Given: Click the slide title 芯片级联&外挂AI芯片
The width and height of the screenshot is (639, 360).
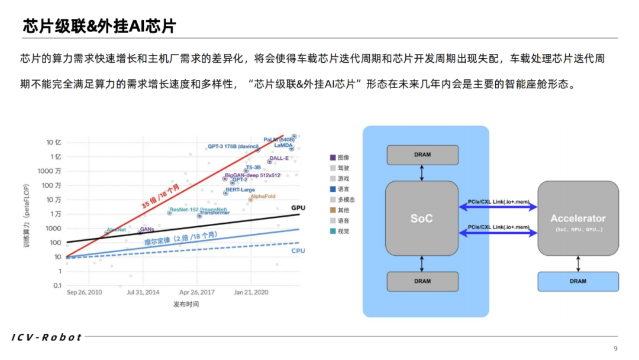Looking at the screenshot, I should pyautogui.click(x=99, y=25).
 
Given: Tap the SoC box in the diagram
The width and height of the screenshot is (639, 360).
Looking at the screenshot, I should pyautogui.click(x=421, y=218).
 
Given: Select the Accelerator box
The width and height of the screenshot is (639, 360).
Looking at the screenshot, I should pyautogui.click(x=578, y=218).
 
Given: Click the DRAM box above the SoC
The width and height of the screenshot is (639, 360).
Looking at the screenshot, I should pyautogui.click(x=422, y=155).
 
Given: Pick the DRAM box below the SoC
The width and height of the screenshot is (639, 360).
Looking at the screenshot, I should pyautogui.click(x=422, y=281).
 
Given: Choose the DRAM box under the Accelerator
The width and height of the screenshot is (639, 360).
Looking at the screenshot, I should pyautogui.click(x=577, y=281).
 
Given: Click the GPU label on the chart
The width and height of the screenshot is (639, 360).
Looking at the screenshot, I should pyautogui.click(x=298, y=208).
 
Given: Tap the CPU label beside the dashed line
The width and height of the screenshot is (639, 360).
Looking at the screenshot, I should pyautogui.click(x=298, y=251).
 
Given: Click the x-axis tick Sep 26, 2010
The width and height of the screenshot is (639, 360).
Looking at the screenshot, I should pyautogui.click(x=85, y=292).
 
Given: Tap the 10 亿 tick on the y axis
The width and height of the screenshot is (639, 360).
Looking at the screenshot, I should pyautogui.click(x=54, y=143).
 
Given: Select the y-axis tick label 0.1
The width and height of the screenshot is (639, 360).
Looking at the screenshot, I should pyautogui.click(x=57, y=285).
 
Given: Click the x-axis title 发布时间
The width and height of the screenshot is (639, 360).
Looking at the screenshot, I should pyautogui.click(x=186, y=304).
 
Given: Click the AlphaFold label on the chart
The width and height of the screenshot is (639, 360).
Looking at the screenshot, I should pyautogui.click(x=263, y=196).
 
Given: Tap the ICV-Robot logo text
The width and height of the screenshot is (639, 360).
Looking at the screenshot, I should pyautogui.click(x=47, y=337).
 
